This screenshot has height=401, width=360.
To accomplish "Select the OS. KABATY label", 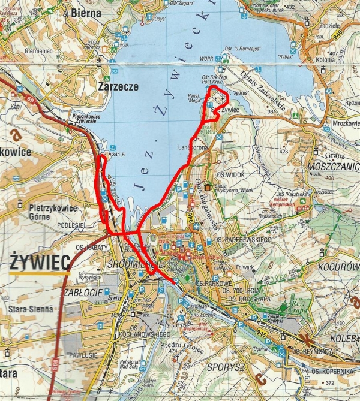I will [x=91, y=247].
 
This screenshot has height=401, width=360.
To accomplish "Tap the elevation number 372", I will [x=329, y=382].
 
